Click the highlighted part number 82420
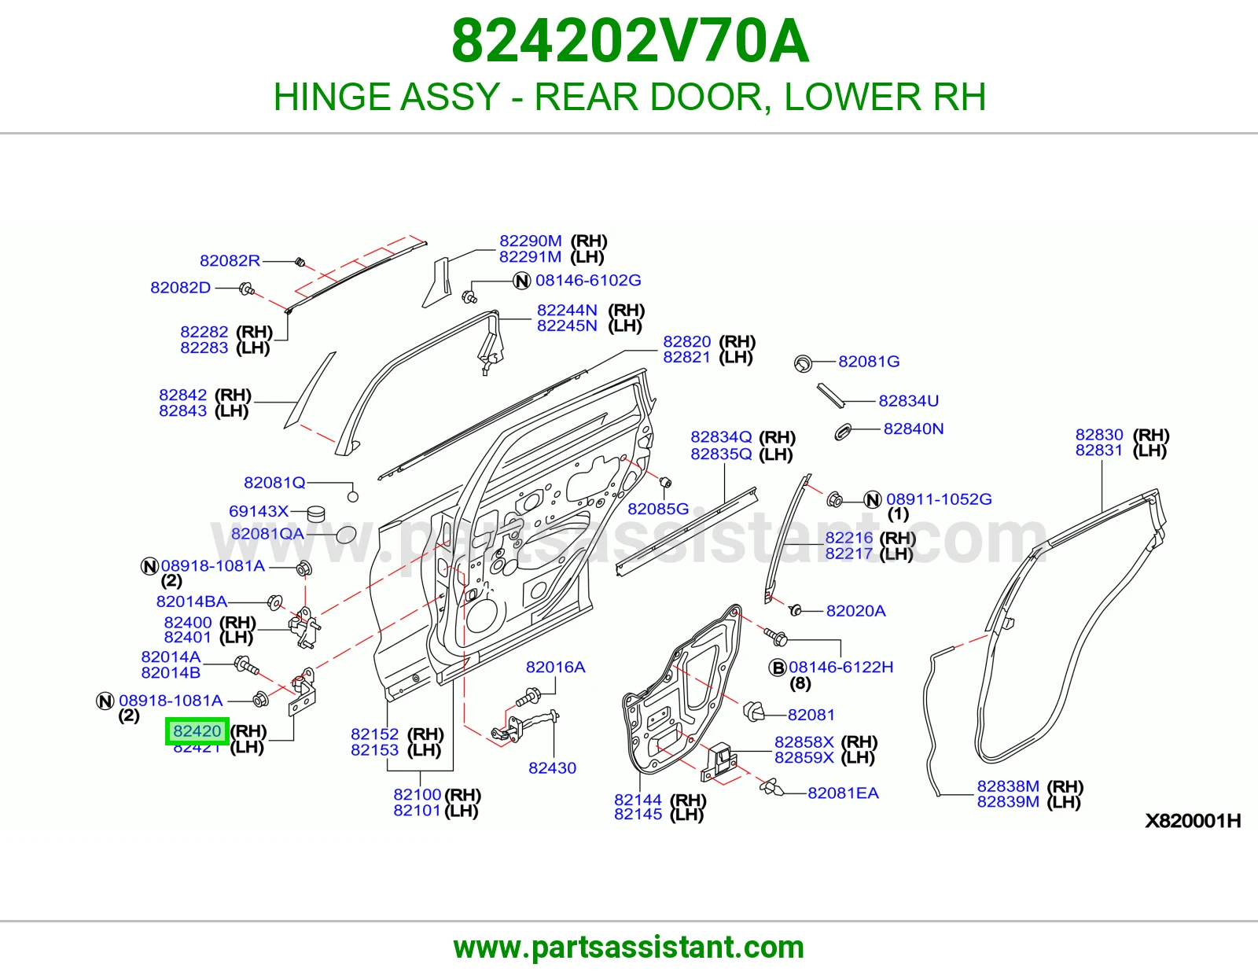[x=197, y=730]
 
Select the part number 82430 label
[x=552, y=767]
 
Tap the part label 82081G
[x=869, y=361]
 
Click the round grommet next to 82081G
[x=803, y=363]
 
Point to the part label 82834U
[x=909, y=401]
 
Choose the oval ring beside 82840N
[x=843, y=432]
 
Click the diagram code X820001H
[x=1194, y=820]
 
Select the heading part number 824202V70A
[x=630, y=41]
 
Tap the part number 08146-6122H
[x=841, y=667]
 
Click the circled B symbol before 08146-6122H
[x=778, y=668]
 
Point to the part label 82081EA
[x=844, y=793]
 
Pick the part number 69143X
[x=259, y=511]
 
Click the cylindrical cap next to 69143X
[x=315, y=513]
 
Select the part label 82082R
[x=230, y=260]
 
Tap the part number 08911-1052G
[x=939, y=499]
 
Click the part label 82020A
[x=855, y=611]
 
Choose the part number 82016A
[x=556, y=667]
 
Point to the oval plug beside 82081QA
[x=346, y=535]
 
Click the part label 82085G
[x=658, y=509]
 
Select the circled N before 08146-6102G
[x=522, y=281]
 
